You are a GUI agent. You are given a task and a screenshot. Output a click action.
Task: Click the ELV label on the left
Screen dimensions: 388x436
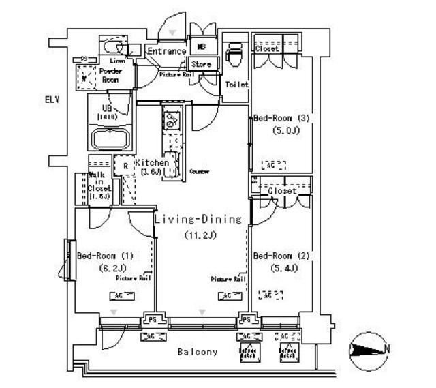[x=52, y=100]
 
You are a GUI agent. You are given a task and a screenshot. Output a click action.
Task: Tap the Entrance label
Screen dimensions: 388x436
[x=166, y=51]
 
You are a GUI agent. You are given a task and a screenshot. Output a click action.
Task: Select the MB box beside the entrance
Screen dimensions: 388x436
[x=202, y=46]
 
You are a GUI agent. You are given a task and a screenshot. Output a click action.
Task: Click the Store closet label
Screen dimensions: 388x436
[x=202, y=65]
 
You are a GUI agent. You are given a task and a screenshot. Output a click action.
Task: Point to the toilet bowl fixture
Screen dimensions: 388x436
[x=235, y=54]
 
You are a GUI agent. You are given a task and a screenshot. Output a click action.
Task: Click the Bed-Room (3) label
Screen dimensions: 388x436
[x=281, y=118]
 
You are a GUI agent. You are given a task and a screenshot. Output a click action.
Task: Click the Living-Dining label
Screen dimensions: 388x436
[x=198, y=220]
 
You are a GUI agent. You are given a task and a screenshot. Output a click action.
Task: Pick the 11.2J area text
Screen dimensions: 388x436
[x=200, y=235]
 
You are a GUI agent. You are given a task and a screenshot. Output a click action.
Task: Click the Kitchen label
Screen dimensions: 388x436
[x=151, y=163]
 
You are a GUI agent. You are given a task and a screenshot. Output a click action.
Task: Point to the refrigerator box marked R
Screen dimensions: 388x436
[x=125, y=166]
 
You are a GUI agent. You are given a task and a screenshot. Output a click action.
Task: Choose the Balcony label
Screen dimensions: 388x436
[x=198, y=352]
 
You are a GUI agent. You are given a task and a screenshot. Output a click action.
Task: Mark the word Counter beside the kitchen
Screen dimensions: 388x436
[x=199, y=171]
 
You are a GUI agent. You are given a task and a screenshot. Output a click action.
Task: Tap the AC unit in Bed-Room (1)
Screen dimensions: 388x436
[x=121, y=295]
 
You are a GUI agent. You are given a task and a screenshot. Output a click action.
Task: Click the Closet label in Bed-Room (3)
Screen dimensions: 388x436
[x=267, y=49]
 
